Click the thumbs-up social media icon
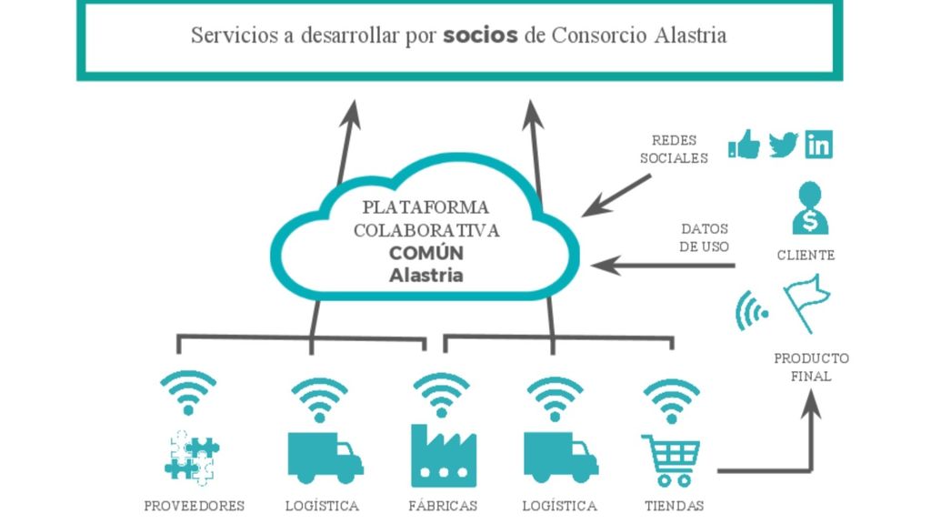point(745,145)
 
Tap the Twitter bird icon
point(783,145)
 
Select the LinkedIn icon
point(818,145)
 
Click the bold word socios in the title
point(480,35)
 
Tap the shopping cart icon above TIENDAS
point(672,459)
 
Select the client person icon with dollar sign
point(808,208)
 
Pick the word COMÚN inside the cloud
point(426,253)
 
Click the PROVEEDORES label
point(195,506)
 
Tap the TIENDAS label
point(674,506)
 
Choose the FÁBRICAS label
point(443,506)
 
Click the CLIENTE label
point(806,256)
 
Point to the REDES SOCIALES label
point(674,149)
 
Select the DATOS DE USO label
point(705,238)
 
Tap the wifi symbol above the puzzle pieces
point(189,392)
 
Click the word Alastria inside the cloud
point(425,275)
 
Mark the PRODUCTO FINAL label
point(811,367)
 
